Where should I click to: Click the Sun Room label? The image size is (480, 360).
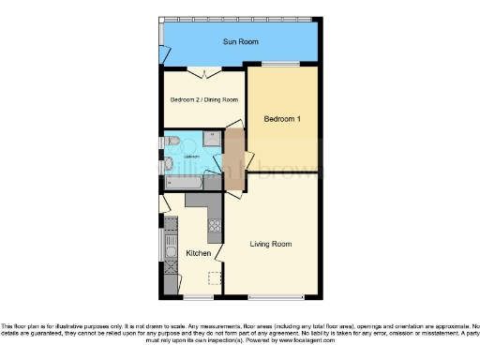241,42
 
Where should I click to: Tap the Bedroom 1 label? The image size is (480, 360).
282,119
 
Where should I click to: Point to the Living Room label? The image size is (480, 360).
270,244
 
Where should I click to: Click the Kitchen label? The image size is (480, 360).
198,254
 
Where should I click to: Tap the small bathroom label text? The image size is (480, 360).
191,157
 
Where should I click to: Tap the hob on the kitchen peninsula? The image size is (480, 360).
213,225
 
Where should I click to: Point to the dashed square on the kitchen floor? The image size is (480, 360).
215,278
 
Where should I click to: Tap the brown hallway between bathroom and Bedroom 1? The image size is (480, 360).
233,155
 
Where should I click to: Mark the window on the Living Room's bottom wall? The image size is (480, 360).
276,297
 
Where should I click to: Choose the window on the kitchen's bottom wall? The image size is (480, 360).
198,297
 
